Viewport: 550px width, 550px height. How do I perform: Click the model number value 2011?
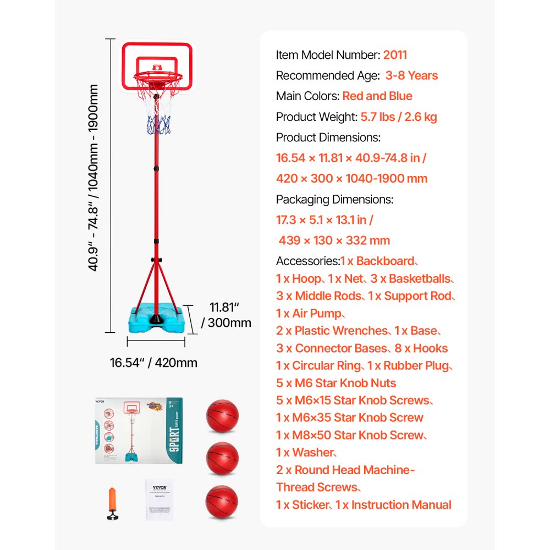[x=395, y=55]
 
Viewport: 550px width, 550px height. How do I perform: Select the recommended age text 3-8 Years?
[x=411, y=75]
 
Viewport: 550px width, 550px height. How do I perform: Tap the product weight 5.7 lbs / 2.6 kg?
[x=399, y=117]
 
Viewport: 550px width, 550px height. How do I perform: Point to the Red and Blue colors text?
[x=377, y=96]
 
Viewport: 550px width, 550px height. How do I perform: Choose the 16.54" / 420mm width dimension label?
[x=153, y=362]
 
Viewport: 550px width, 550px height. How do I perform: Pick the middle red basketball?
[x=222, y=459]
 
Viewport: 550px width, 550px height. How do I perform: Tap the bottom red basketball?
[x=222, y=502]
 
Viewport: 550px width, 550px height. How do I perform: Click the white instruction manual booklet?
[x=159, y=499]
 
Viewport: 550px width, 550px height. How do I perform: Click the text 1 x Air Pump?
[x=310, y=313]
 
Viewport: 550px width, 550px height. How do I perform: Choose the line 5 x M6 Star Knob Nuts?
[x=335, y=383]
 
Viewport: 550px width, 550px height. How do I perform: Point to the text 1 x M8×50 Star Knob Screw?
[x=351, y=435]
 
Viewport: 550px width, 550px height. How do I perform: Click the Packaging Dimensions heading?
[x=334, y=200]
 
